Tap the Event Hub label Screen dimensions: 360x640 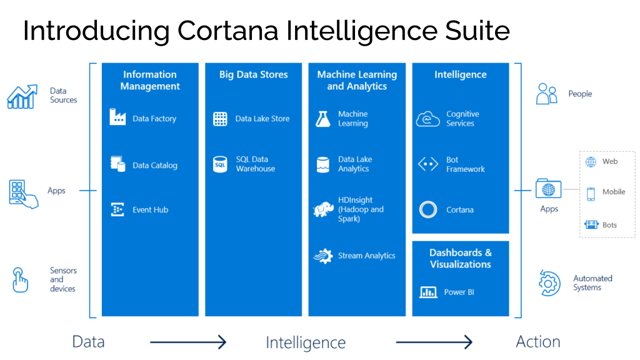click(150, 210)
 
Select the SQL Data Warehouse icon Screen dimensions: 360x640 click(220, 164)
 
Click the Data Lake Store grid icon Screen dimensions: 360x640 click(220, 119)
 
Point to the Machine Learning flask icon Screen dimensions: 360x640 click(322, 119)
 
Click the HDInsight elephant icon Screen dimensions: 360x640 click(323, 209)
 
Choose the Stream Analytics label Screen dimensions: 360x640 click(366, 256)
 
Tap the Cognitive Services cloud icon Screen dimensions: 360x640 click(428, 119)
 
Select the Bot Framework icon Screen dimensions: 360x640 click(428, 164)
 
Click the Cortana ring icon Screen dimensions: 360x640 click(428, 210)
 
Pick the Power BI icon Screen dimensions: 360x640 click(428, 292)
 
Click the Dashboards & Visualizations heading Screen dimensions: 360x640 click(461, 258)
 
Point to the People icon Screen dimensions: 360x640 click(546, 94)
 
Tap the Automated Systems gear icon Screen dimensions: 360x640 click(549, 283)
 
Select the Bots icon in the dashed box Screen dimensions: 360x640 click(591, 225)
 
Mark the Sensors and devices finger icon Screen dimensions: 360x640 click(21, 279)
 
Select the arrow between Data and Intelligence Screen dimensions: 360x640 click(187, 342)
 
